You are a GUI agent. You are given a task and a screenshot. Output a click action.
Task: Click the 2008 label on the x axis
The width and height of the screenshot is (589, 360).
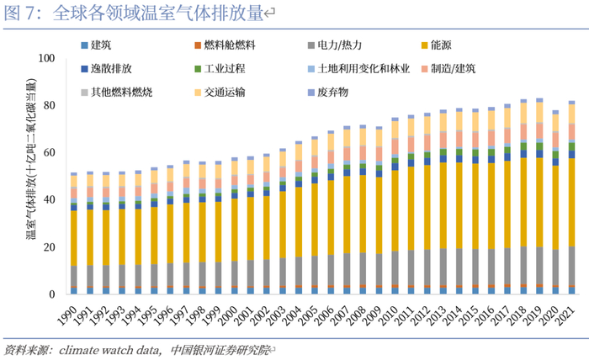point(359,313)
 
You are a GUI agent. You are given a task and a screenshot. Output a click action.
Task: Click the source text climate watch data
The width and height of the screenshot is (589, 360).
point(109,348)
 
